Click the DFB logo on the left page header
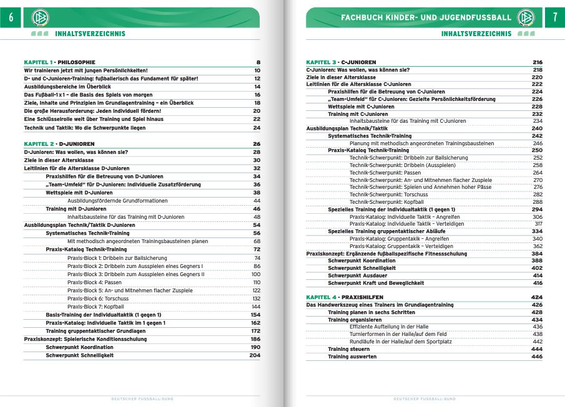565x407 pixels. click(x=39, y=18)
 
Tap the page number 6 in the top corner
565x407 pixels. click(x=10, y=18)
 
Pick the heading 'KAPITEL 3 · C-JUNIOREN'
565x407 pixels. click(x=341, y=62)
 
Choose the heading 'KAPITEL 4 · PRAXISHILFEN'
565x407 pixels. click(x=345, y=297)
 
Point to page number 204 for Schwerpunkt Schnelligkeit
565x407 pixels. click(x=254, y=355)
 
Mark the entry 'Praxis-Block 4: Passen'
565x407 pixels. click(x=94, y=282)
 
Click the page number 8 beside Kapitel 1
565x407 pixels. click(x=258, y=62)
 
